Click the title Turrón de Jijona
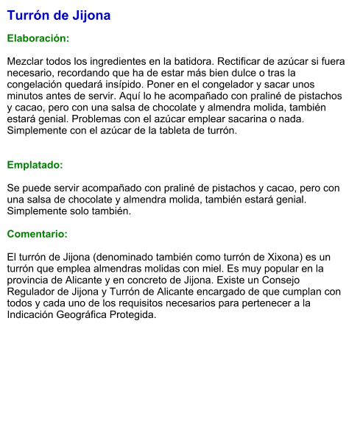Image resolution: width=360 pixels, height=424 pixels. [59, 15]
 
